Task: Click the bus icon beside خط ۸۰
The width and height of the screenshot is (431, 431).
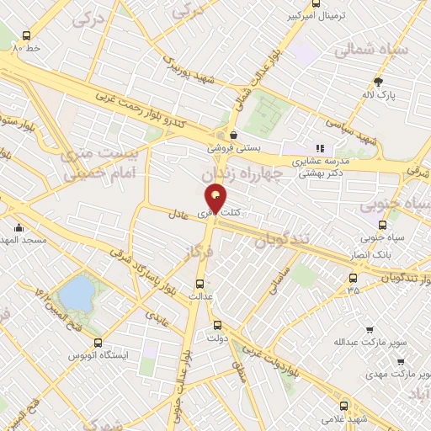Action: [x=26, y=36]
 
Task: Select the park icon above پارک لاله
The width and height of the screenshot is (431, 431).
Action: [x=379, y=82]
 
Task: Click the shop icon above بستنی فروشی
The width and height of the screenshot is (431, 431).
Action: [x=233, y=135]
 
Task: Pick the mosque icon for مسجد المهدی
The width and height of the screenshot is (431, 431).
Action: [x=19, y=226]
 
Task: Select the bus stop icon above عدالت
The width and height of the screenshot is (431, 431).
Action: [x=200, y=284]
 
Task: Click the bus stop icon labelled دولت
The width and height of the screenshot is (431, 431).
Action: [x=217, y=325]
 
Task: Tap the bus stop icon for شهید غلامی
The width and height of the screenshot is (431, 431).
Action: [x=343, y=406]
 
